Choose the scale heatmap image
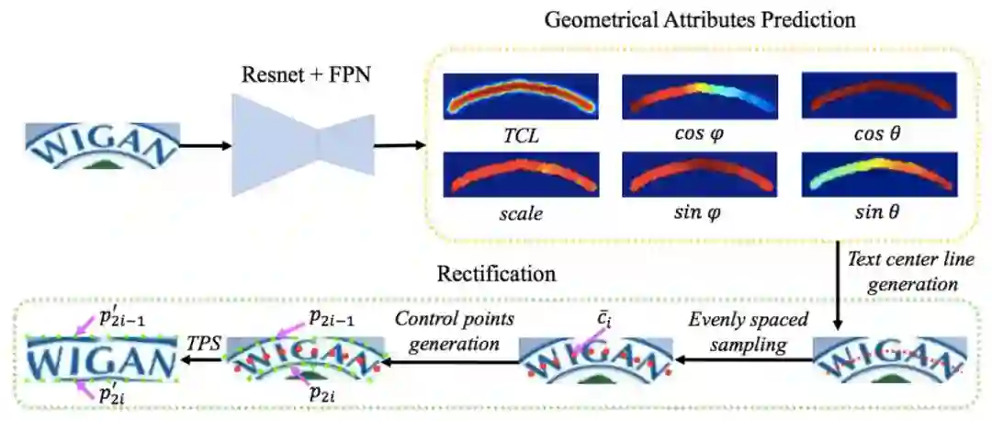520,174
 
